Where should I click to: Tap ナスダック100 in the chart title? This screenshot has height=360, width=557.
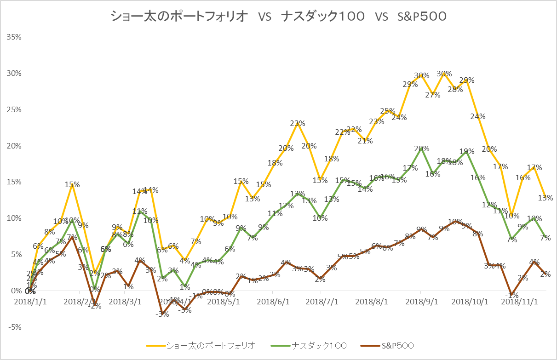pyautogui.click(x=324, y=17)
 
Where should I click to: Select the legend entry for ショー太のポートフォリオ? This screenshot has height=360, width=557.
pyautogui.click(x=202, y=345)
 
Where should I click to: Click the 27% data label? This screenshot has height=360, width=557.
pyautogui.click(x=433, y=95)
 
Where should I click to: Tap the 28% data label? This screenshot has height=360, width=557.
pyautogui.click(x=455, y=89)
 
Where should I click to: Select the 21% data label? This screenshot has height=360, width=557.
pyautogui.click(x=365, y=141)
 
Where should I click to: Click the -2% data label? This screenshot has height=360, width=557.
pyautogui.click(x=96, y=306)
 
